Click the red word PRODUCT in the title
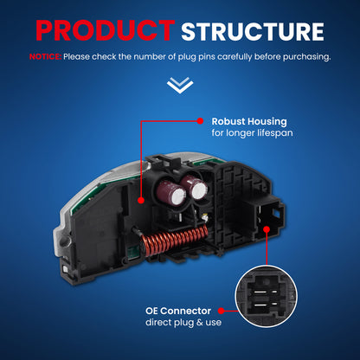pyautogui.click(x=106, y=31)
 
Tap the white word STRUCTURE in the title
pyautogui.click(x=253, y=31)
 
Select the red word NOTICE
pyautogui.click(x=45, y=56)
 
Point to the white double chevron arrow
pyautogui.click(x=180, y=85)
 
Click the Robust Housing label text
pyautogui.click(x=249, y=121)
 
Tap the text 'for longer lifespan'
pyautogui.click(x=252, y=133)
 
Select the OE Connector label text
pyautogui.click(x=178, y=311)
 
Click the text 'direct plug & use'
pyautogui.click(x=183, y=322)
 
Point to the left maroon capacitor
pyautogui.click(x=170, y=192)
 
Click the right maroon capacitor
pyautogui.click(x=195, y=188)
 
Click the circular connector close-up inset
pyautogui.click(x=267, y=296)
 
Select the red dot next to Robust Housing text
pyautogui.click(x=200, y=121)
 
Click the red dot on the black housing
pyautogui.click(x=141, y=200)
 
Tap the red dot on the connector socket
pyautogui.click(x=267, y=229)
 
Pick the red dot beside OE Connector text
pyautogui.click(x=222, y=311)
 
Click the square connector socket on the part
pyautogui.click(x=268, y=217)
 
